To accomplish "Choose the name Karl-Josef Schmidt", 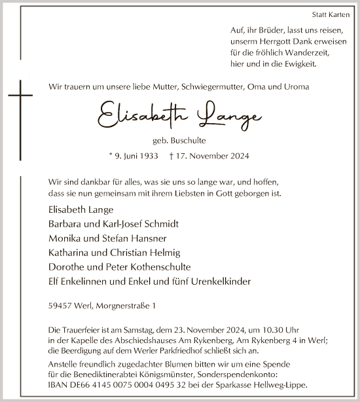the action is (x=141, y=224).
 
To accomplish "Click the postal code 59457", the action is (x=60, y=306).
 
